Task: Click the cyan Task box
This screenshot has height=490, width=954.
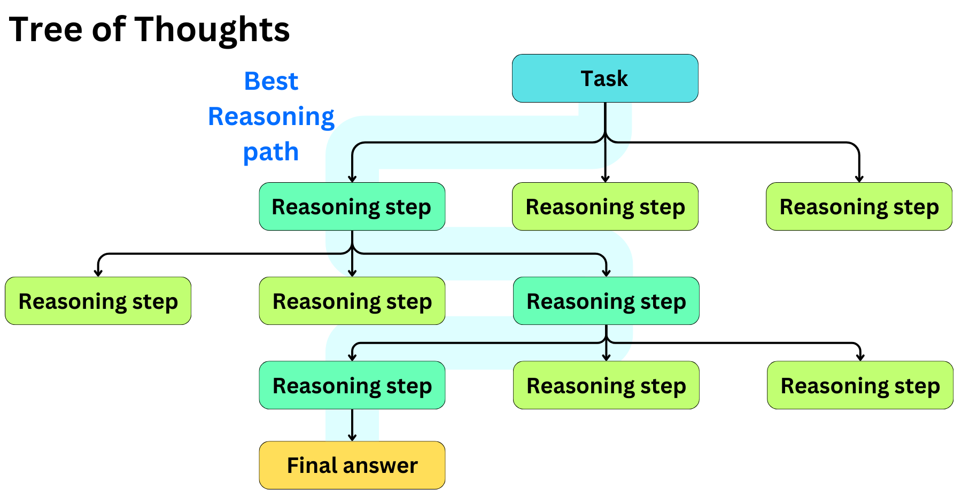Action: (x=604, y=79)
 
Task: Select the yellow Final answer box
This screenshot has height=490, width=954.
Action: (x=352, y=465)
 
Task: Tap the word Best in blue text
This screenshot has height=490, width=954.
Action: (x=271, y=81)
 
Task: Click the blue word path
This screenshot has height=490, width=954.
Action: (x=270, y=152)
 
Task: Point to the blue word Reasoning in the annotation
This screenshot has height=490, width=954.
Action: (x=271, y=117)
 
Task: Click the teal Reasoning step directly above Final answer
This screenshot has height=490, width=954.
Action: (x=352, y=385)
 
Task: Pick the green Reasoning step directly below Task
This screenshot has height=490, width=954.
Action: (x=604, y=207)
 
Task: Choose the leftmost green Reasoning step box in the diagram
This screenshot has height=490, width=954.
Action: (x=98, y=301)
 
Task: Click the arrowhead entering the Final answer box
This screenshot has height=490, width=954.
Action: (x=352, y=437)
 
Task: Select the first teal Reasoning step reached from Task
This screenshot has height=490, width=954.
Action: (x=352, y=207)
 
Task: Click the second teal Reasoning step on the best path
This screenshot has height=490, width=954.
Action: (x=606, y=301)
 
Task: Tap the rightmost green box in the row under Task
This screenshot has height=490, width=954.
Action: (x=858, y=207)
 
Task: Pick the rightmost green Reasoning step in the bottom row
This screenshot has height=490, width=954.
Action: (x=859, y=385)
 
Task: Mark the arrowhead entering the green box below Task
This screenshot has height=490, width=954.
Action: (x=605, y=178)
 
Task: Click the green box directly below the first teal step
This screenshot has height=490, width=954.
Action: (x=352, y=301)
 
